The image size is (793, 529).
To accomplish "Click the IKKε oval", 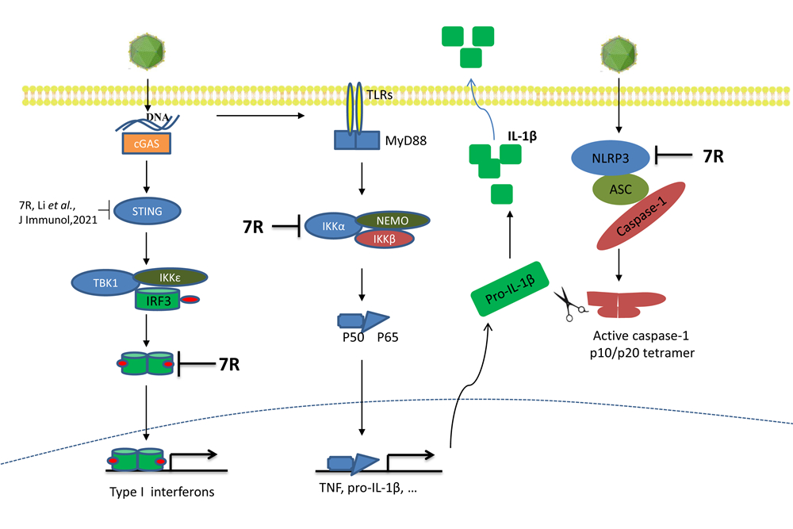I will (x=171, y=277).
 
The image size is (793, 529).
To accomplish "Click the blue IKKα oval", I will (x=332, y=228).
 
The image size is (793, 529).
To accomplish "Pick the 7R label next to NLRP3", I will (x=714, y=156).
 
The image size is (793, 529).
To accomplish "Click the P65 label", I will (x=388, y=335).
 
